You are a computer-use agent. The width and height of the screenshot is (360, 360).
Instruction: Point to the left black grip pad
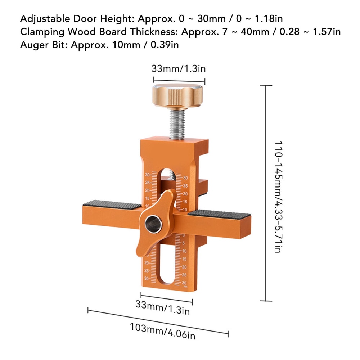coord(112,205)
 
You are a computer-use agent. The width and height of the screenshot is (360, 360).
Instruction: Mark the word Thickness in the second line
coord(153,32)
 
